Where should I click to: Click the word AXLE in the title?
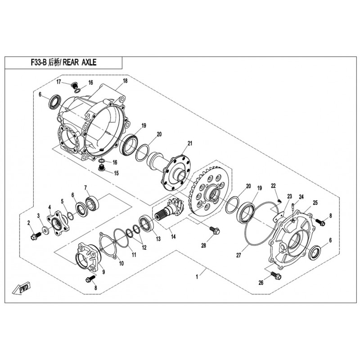point(89,62)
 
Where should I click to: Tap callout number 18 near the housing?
point(125,81)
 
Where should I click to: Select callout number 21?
point(189,144)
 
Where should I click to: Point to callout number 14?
point(173,236)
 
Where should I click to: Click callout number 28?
point(204,245)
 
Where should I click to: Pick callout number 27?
point(238,255)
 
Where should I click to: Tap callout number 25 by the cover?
point(315,203)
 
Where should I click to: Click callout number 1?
point(197,277)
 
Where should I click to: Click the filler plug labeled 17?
point(74,85)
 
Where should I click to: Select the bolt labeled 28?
point(215,230)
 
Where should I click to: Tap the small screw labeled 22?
point(279,201)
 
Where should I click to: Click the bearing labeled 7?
point(92,203)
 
